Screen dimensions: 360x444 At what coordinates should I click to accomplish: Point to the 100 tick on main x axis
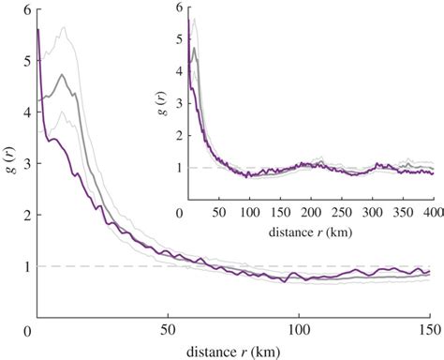point(298,319)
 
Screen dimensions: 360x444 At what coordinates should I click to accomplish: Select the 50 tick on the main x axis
point(167,319)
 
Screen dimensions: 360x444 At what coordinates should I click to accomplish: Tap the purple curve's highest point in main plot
point(37,30)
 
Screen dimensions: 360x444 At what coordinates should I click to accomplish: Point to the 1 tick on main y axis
point(36,266)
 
